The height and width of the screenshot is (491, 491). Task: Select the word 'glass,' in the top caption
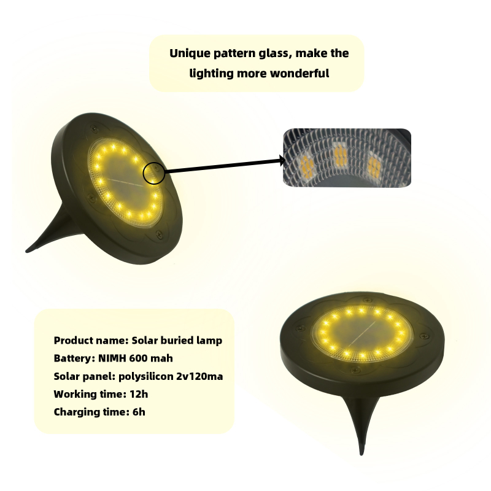click(x=275, y=53)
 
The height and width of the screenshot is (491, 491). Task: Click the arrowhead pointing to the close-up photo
click(x=282, y=161)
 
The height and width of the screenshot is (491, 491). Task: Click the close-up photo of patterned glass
click(x=347, y=158)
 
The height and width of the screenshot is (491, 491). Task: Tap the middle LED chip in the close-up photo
click(x=341, y=156)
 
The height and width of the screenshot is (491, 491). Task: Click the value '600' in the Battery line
click(x=137, y=358)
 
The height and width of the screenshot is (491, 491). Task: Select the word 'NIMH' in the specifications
click(x=112, y=358)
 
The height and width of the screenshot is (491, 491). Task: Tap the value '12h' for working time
click(x=139, y=394)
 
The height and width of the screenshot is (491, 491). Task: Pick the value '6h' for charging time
click(x=139, y=412)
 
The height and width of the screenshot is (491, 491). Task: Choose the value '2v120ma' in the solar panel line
click(x=199, y=376)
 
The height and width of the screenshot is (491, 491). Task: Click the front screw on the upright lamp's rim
click(x=355, y=371)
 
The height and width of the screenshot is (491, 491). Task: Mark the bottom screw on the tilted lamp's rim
click(x=159, y=234)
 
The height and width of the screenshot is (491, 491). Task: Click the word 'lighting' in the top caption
click(x=212, y=74)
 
